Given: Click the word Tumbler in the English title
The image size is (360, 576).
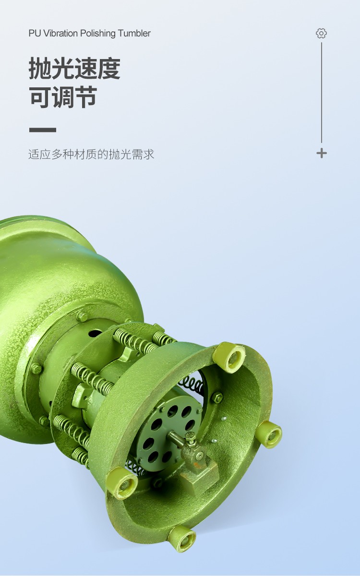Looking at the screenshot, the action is (x=134, y=33).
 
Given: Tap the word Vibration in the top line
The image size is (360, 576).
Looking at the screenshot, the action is (x=60, y=33).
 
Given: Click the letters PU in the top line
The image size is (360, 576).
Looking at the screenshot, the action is (x=35, y=34).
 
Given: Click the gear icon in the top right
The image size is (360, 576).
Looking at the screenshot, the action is (x=322, y=34).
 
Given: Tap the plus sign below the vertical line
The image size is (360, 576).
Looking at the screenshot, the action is (x=322, y=154).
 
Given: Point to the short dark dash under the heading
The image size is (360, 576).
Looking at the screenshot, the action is (x=42, y=130).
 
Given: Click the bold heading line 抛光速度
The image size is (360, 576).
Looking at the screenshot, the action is (x=74, y=68).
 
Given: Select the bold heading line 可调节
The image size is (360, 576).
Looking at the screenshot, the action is (x=63, y=96).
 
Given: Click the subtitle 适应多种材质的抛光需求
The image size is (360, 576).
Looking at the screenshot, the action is (x=91, y=154).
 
